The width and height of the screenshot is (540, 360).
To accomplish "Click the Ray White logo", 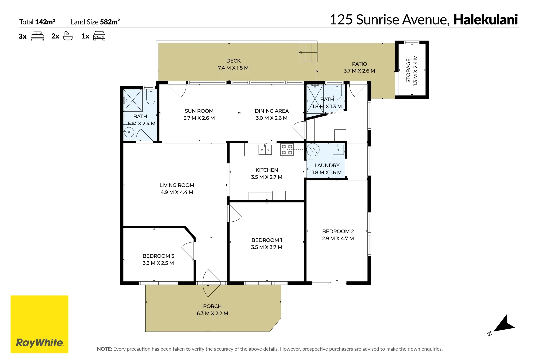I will coord(39,324).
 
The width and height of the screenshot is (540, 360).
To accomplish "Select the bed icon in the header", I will coord(37,36).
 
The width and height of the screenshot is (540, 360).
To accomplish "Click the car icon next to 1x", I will coord(99,36).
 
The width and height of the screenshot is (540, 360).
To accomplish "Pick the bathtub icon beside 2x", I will coord(68,36).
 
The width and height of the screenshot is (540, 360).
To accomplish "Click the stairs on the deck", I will coord(308,52).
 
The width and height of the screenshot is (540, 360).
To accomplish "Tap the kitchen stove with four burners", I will coord(287,150).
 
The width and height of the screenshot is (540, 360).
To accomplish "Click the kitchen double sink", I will coord(265,150).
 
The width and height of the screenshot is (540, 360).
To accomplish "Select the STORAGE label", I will coord(408,70).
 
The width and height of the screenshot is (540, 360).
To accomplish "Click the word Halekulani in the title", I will coord(485,20).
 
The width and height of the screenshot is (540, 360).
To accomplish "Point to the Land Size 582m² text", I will coord(95,22).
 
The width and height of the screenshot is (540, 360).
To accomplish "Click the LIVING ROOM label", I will coord(177,185).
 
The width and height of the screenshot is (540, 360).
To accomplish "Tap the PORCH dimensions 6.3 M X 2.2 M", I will coord(212,313).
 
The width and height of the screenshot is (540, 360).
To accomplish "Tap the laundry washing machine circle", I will coord(313,150).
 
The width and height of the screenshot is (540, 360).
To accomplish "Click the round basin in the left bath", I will coord(129,132).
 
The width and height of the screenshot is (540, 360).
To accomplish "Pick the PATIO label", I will coord(359,64).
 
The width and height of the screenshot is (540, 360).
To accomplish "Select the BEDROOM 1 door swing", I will coord(234,213).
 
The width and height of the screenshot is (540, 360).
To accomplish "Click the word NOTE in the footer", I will coord(104,349).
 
